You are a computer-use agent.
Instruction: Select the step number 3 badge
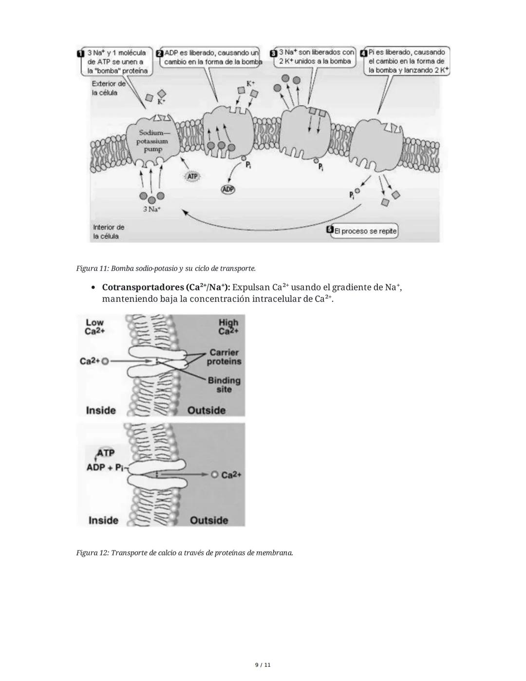coord(274,53)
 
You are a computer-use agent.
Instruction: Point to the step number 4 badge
coord(363,53)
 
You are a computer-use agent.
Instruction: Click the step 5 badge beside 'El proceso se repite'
coord(330,231)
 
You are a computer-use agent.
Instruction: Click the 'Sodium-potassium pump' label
coord(153,141)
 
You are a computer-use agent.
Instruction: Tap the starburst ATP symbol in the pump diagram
coord(193,176)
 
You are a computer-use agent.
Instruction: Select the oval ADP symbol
coord(228,189)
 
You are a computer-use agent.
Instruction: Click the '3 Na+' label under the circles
coord(152,209)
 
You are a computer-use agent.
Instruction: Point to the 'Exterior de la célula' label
coord(109,88)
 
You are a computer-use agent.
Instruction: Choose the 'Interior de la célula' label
coord(109,232)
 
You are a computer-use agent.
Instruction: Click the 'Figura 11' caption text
coord(166,269)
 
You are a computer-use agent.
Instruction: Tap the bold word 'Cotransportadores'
coord(143,287)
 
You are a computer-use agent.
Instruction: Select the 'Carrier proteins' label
coord(224,357)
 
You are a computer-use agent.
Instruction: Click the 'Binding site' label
coord(224,385)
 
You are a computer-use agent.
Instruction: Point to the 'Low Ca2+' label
coord(95,327)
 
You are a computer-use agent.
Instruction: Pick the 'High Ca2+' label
coord(228,327)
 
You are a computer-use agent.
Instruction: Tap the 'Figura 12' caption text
coord(185,553)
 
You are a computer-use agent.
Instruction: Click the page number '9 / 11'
coord(263,665)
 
